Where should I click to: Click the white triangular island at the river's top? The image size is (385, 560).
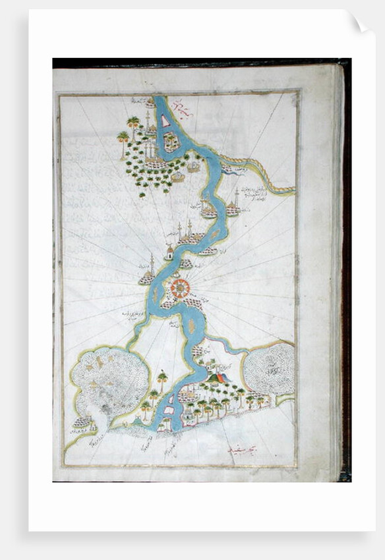pyautogui.click(x=165, y=121)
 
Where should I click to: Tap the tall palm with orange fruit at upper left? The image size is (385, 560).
pyautogui.click(x=134, y=123)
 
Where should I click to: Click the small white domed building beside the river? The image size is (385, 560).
pyautogui.click(x=170, y=252)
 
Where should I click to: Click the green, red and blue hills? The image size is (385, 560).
pyautogui.click(x=218, y=378)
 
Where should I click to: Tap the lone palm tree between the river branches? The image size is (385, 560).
pyautogui.click(x=162, y=378)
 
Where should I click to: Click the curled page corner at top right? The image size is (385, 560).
pyautogui.click(x=359, y=24)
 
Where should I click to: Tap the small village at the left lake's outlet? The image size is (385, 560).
pyautogui.click(x=83, y=423)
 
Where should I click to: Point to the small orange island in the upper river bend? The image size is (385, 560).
pyautogui.click(x=216, y=233)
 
